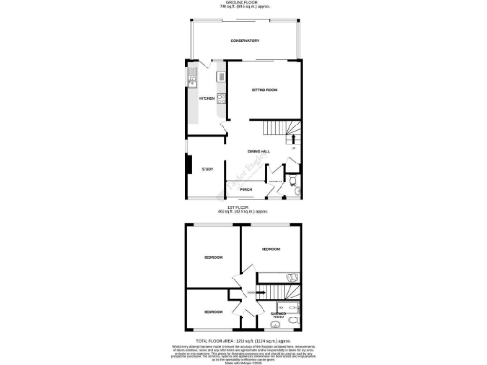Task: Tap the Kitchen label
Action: (205, 98)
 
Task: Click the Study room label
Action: (206, 170)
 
